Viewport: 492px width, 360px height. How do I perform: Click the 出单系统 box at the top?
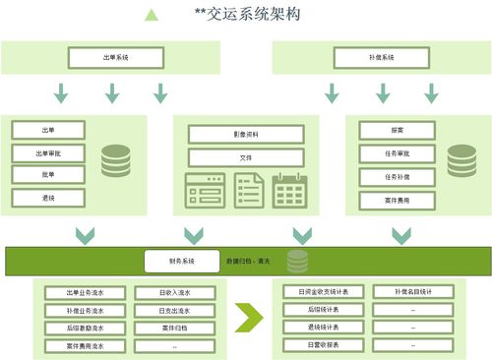pos(116,59)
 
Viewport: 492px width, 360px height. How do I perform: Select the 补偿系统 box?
pos(380,59)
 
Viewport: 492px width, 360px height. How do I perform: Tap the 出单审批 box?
pos(48,152)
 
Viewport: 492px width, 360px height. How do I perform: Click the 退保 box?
pos(48,197)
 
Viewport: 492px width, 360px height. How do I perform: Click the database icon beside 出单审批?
pos(115,160)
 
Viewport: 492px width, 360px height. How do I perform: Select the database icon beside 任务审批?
pos(461,160)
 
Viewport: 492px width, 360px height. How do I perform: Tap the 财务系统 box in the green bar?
pos(182,261)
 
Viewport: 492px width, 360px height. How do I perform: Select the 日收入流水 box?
pos(175,292)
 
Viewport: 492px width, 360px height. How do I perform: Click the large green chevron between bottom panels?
pos(250,317)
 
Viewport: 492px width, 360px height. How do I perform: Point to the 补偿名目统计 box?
pos(413,292)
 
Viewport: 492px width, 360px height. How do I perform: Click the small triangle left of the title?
pos(151,15)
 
